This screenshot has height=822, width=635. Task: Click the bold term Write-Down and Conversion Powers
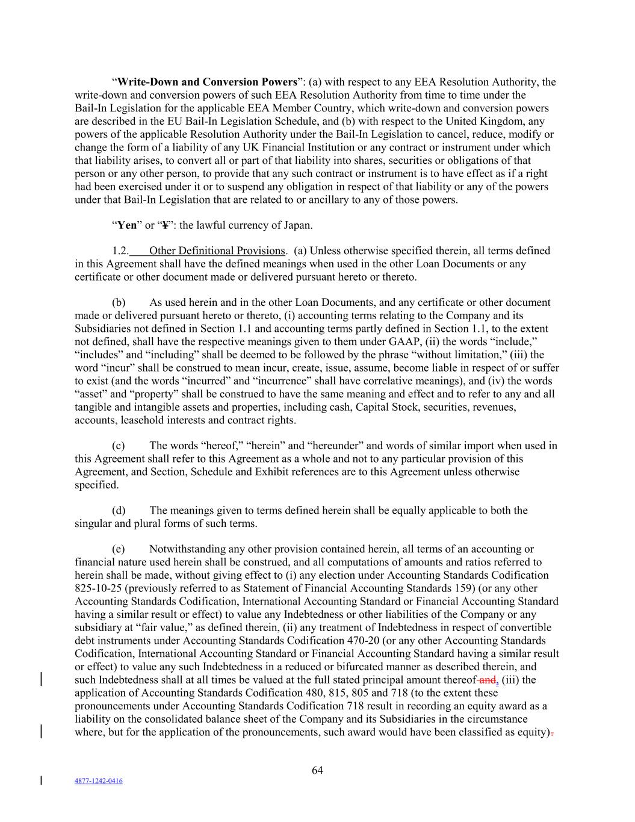click(206, 82)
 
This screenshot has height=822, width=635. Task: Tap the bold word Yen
click(127, 225)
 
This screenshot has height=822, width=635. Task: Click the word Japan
click(297, 225)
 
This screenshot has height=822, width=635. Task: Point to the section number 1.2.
click(120, 251)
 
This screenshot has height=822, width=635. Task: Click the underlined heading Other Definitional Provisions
click(217, 251)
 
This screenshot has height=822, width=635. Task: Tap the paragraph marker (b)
click(119, 302)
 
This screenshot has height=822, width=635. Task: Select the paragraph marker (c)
click(119, 446)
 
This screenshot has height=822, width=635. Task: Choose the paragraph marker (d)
click(119, 511)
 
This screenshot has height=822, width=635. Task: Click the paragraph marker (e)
click(119, 549)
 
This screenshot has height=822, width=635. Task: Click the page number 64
click(317, 770)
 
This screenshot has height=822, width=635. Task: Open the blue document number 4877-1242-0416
click(98, 781)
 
